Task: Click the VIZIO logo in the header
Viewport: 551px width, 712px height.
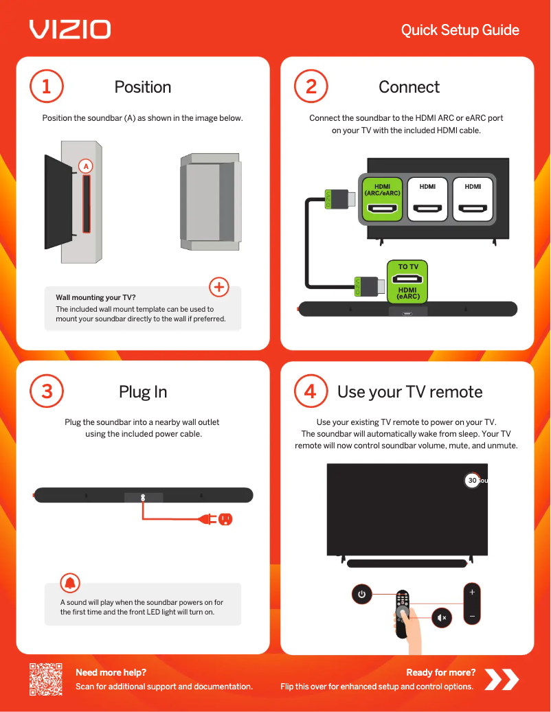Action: pyautogui.click(x=70, y=30)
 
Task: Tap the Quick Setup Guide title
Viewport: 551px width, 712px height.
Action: pyautogui.click(x=460, y=30)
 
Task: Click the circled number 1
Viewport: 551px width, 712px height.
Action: pyautogui.click(x=46, y=87)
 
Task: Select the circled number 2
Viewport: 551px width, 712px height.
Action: pyautogui.click(x=311, y=87)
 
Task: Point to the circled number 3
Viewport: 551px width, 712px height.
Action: pyautogui.click(x=46, y=391)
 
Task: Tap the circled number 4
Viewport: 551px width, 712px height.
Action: pyautogui.click(x=311, y=391)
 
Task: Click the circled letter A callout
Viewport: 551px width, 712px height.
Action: pyautogui.click(x=86, y=166)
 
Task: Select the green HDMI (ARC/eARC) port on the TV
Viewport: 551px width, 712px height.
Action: pyautogui.click(x=382, y=199)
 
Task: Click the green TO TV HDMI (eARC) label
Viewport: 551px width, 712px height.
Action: pyautogui.click(x=407, y=282)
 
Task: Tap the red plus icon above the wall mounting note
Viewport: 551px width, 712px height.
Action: pyautogui.click(x=219, y=287)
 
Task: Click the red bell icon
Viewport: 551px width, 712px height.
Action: pyautogui.click(x=70, y=583)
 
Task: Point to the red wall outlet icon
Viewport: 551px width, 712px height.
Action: pyautogui.click(x=225, y=519)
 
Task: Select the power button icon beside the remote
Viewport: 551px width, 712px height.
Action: pyautogui.click(x=361, y=594)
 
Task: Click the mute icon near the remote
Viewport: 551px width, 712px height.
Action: pyautogui.click(x=442, y=617)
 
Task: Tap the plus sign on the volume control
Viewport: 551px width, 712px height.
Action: pyautogui.click(x=472, y=592)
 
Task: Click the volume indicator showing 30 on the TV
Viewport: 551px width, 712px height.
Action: pyautogui.click(x=473, y=481)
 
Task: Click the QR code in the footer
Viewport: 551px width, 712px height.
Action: pyautogui.click(x=46, y=679)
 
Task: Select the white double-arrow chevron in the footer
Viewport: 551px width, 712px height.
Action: pyautogui.click(x=502, y=679)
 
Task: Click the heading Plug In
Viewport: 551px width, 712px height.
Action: pyautogui.click(x=143, y=392)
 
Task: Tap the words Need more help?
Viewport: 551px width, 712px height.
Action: pyautogui.click(x=111, y=672)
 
